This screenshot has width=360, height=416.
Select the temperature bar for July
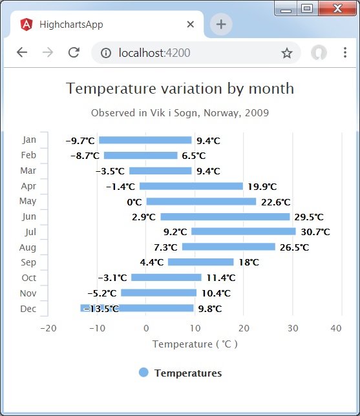click(x=243, y=231)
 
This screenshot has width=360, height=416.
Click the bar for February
click(x=140, y=156)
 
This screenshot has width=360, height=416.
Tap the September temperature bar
click(x=200, y=262)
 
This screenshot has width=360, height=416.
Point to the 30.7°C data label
click(x=315, y=232)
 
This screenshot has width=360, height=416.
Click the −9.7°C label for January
click(x=80, y=140)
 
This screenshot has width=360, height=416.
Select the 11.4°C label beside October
click(x=221, y=278)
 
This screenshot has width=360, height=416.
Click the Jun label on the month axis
click(x=29, y=216)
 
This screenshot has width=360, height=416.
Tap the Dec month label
click(x=28, y=309)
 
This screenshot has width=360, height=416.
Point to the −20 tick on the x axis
click(x=48, y=328)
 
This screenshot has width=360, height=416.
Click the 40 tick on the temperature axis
click(x=336, y=328)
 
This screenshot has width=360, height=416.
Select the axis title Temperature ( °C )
click(x=195, y=344)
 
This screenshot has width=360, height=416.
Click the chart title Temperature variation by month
click(x=180, y=88)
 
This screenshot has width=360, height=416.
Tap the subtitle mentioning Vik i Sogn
click(x=180, y=113)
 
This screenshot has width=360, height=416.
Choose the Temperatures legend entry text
click(x=188, y=373)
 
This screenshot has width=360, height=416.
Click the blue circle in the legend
click(x=143, y=373)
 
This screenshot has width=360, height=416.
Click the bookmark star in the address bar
click(x=287, y=53)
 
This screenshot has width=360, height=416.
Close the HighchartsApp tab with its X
click(x=191, y=25)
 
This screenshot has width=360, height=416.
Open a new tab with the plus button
click(x=221, y=25)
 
